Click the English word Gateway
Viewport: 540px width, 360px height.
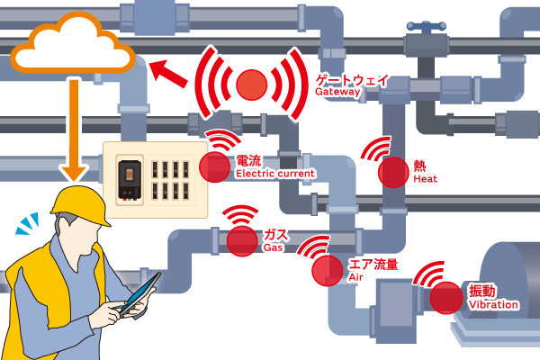[x=338, y=92]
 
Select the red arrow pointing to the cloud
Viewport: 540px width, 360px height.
[x=171, y=73]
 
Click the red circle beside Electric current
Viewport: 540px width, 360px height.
[x=214, y=166]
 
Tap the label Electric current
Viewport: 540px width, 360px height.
[x=275, y=173]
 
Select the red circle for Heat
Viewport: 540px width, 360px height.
[x=392, y=171]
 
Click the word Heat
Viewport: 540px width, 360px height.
[x=425, y=180]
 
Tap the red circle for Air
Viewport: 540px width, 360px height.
[x=326, y=269]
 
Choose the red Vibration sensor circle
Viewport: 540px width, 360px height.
[x=445, y=297]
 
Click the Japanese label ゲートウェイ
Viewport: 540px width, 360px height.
[x=353, y=79]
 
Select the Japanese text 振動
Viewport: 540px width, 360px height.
[x=482, y=291]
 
